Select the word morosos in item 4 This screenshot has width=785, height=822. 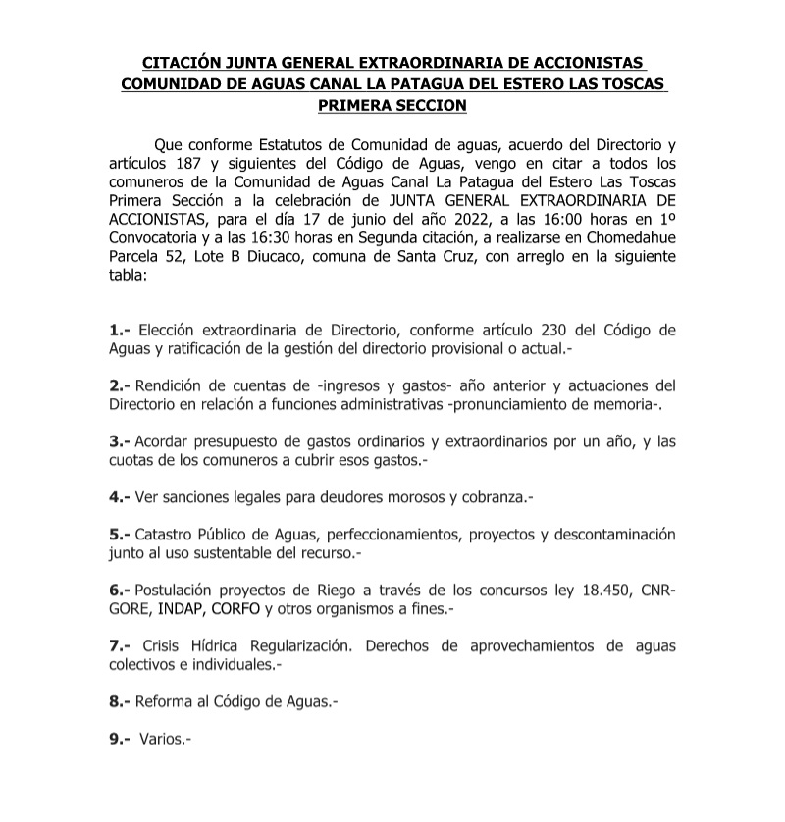point(410,497)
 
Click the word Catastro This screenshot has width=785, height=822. point(169,535)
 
